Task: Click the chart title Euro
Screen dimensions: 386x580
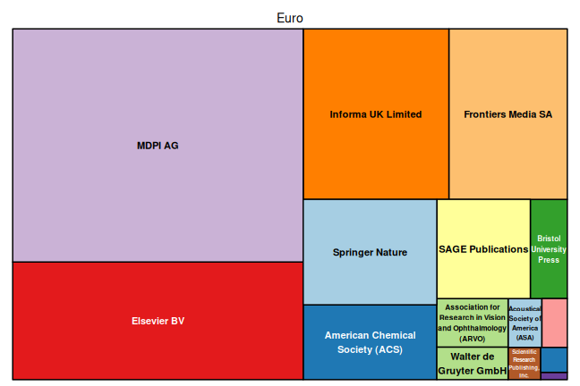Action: pos(290,18)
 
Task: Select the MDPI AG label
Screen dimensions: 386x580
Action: pos(158,146)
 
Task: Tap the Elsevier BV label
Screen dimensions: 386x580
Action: pos(158,321)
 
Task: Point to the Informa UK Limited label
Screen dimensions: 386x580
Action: pos(376,114)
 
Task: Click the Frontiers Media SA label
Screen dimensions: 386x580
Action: pos(508,114)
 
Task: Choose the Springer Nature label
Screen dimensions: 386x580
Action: pos(370,253)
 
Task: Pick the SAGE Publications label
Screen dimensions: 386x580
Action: pos(483,249)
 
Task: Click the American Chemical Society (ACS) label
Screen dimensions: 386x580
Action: pos(370,342)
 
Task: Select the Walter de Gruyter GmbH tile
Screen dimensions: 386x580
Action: pos(472,363)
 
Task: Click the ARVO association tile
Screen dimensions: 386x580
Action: pos(472,323)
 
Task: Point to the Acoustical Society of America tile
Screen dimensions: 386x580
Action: pos(525,323)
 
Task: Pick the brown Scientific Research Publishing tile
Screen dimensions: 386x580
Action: pos(525,364)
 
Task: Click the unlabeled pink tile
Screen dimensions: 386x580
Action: pos(554,323)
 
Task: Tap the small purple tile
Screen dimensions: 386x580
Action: pos(554,376)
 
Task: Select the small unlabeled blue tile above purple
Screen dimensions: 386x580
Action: pos(554,359)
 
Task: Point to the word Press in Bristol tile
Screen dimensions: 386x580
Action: pos(549,260)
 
